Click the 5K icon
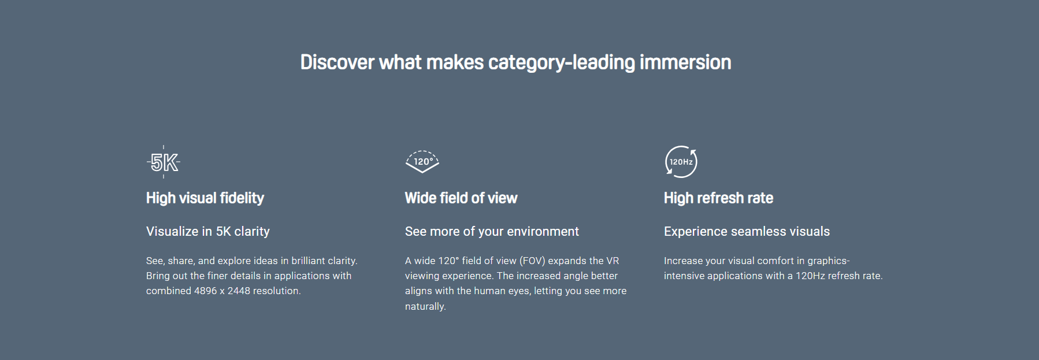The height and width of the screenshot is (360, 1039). coord(164,162)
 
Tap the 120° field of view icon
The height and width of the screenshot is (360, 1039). coord(422,161)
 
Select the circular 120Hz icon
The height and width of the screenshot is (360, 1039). coord(681,162)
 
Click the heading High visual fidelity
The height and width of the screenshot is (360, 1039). coord(205,198)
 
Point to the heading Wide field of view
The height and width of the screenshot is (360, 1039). coord(461,198)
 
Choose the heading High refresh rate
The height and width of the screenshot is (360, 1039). coord(718,198)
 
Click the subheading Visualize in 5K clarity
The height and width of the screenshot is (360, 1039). coord(208,232)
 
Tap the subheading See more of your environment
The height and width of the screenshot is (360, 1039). coord(492,232)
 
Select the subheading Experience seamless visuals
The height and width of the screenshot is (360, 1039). coord(747,232)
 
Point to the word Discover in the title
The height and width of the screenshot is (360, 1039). coord(337,62)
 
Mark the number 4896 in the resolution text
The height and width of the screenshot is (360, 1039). coord(205,291)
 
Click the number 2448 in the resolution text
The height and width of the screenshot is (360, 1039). coord(239,291)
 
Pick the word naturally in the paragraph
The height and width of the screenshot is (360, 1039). coord(424,307)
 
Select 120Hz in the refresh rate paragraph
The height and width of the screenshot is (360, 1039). coord(810,276)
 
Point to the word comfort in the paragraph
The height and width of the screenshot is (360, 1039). coord(775,261)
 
